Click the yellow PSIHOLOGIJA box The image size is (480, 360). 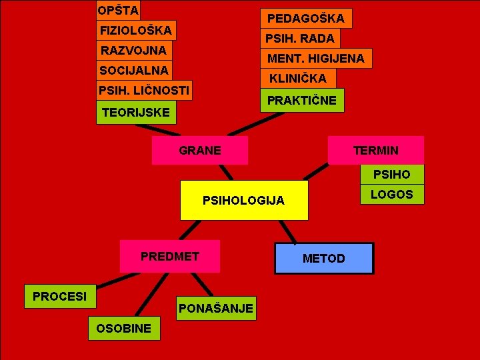pyautogui.click(x=244, y=200)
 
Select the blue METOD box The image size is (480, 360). pyautogui.click(x=324, y=258)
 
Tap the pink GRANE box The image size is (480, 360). pyautogui.click(x=200, y=150)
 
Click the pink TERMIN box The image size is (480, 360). pyautogui.click(x=375, y=150)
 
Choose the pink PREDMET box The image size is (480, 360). pyautogui.click(x=170, y=256)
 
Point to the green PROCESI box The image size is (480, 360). pyautogui.click(x=60, y=296)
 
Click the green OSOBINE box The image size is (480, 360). pyautogui.click(x=124, y=328)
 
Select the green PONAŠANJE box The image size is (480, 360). pyautogui.click(x=216, y=308)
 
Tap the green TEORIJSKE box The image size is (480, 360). pyautogui.click(x=136, y=112)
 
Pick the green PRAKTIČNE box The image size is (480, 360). pyautogui.click(x=302, y=100)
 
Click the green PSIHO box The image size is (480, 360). pyautogui.click(x=392, y=175)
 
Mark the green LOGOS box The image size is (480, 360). pyautogui.click(x=392, y=194)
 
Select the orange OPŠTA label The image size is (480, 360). pyautogui.click(x=118, y=10)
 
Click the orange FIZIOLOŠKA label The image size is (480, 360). pyautogui.click(x=136, y=30)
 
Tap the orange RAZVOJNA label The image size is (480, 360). pyautogui.click(x=133, y=50)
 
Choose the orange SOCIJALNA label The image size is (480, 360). pyautogui.click(x=134, y=70)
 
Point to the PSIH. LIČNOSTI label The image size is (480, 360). pyautogui.click(x=144, y=90)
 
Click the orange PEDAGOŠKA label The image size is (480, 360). pyautogui.click(x=306, y=18)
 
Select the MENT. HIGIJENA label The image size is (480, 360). pyautogui.click(x=316, y=59)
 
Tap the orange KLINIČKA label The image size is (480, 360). pyautogui.click(x=298, y=79)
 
